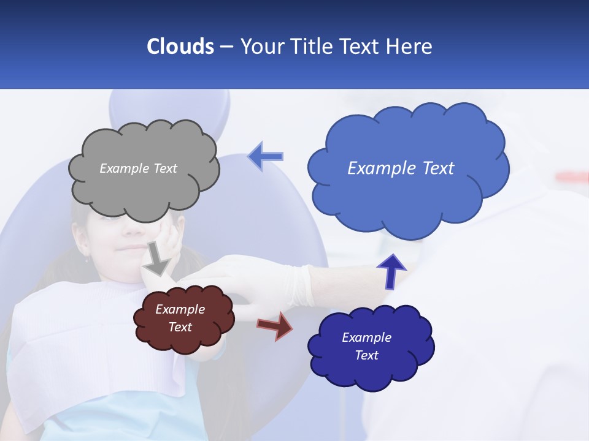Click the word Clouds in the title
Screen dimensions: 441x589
[x=180, y=47]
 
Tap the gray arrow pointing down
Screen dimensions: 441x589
[x=157, y=260]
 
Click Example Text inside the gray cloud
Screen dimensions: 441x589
[x=138, y=168]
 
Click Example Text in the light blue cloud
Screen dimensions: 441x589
[x=401, y=168]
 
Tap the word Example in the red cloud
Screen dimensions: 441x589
[x=180, y=309]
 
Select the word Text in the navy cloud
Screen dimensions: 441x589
[x=366, y=355]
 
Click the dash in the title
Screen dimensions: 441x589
[x=226, y=47]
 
